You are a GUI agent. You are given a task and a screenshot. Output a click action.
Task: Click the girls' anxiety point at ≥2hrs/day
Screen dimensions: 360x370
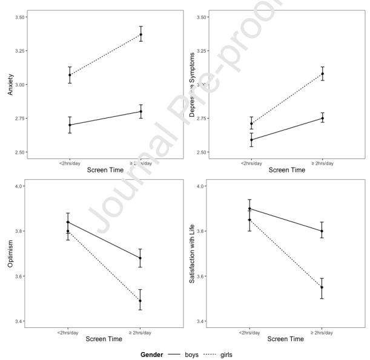pos(141,34)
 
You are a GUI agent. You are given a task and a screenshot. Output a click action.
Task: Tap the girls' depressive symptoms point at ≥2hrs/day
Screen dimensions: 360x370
pos(322,74)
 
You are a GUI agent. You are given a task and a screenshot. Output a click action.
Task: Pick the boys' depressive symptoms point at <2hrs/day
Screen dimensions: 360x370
pos(251,140)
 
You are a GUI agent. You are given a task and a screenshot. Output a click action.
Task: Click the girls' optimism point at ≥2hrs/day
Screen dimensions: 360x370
pos(141,301)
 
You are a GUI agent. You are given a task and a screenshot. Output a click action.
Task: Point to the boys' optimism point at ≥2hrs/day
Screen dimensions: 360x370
pos(141,258)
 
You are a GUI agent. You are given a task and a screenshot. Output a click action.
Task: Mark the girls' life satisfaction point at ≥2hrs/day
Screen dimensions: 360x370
pos(322,287)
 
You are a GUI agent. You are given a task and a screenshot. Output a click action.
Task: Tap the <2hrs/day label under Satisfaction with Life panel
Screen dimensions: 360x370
pos(251,332)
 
